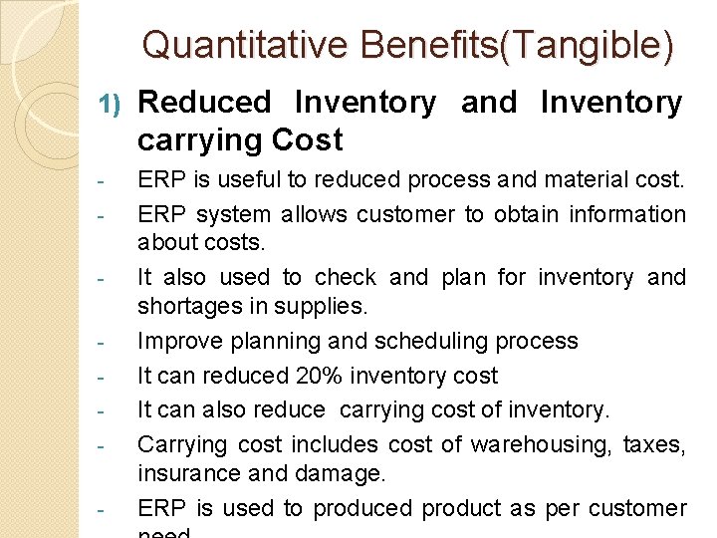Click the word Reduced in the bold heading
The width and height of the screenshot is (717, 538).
tap(204, 102)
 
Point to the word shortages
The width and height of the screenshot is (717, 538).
tap(185, 306)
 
